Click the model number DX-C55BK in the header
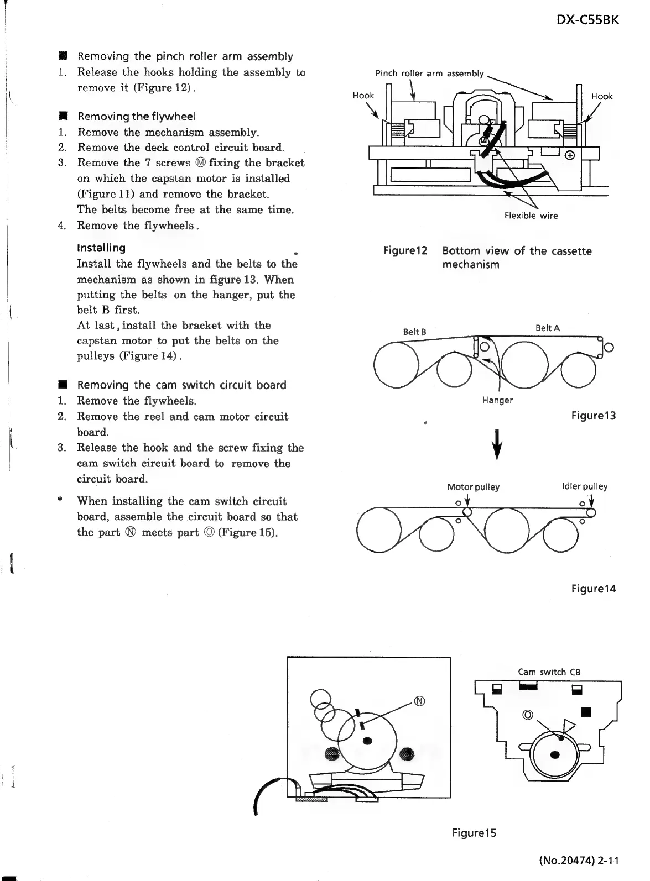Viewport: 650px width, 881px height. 587,20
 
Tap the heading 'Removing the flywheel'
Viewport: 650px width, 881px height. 137,116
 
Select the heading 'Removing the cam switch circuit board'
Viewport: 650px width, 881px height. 181,385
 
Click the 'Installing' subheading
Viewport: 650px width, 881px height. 101,248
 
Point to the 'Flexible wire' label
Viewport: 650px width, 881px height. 531,216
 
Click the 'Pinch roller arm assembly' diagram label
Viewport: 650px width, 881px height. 429,74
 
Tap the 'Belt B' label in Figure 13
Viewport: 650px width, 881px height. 414,332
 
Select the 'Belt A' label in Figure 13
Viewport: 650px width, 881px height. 548,328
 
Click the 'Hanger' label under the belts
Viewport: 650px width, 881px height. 497,400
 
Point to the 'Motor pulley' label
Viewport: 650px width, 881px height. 473,487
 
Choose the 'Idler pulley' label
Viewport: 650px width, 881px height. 584,486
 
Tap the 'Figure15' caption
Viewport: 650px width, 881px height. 474,832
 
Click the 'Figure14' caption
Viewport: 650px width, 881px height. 594,589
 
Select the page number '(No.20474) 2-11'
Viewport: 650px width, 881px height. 578,860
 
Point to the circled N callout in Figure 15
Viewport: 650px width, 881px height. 420,701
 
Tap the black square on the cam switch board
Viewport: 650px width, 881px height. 587,710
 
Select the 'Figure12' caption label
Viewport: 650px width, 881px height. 405,251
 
